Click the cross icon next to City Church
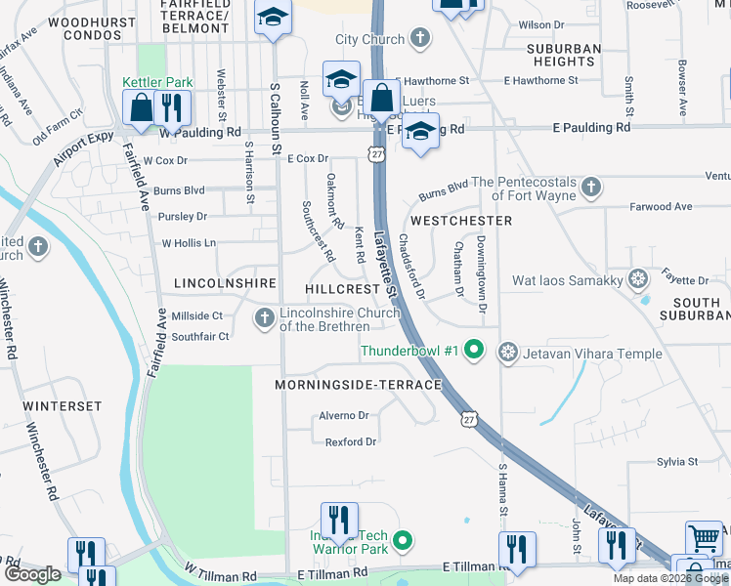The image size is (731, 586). click(x=420, y=40)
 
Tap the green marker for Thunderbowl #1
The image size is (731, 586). click(x=474, y=350)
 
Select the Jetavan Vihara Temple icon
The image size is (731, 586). click(x=507, y=351)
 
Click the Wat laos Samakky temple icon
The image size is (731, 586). click(x=638, y=280)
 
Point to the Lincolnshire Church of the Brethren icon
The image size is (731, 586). click(x=264, y=318)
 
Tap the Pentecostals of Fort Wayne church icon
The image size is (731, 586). click(x=589, y=186)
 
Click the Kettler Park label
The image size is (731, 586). click(x=157, y=84)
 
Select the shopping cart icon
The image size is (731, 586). click(x=704, y=537)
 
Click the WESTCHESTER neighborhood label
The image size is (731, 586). click(x=460, y=221)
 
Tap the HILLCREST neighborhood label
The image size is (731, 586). click(x=341, y=290)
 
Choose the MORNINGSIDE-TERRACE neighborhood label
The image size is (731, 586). click(x=359, y=385)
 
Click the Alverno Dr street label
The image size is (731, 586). click(x=344, y=415)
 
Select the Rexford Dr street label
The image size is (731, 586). click(x=350, y=442)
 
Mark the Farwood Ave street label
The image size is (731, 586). click(x=661, y=207)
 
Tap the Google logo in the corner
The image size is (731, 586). click(x=32, y=574)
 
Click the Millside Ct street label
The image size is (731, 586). click(x=197, y=315)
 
